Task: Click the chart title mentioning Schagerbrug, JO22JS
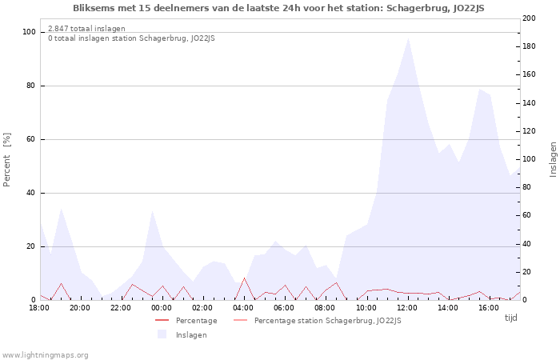point(278,8)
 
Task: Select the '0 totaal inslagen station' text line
point(131,38)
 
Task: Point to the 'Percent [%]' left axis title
point(7,160)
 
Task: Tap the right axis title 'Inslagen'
point(553,159)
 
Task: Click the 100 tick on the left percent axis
point(30,32)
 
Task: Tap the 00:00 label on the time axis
point(162,308)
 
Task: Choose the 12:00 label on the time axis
point(407,308)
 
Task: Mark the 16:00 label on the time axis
point(489,308)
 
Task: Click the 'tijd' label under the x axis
point(510,318)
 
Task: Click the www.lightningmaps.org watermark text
point(45,355)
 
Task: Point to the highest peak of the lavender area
point(408,38)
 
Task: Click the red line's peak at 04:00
point(245,278)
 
